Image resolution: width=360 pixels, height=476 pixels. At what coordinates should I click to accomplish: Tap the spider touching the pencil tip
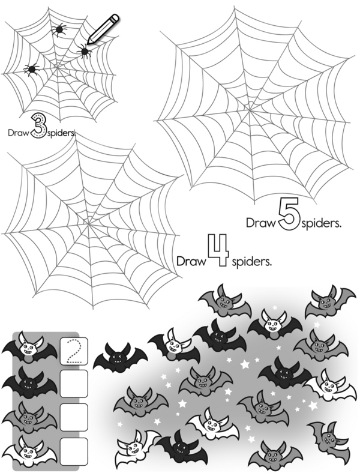click(x=85, y=50)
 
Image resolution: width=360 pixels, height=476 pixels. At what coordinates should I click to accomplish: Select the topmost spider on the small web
click(x=59, y=29)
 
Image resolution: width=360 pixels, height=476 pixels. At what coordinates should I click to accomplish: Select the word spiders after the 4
click(x=251, y=261)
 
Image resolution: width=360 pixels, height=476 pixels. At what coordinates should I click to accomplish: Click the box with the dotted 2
click(x=74, y=351)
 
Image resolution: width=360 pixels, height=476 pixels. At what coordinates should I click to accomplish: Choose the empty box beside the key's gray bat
click(x=74, y=417)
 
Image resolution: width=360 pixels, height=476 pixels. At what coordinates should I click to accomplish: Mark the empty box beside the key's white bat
click(x=74, y=451)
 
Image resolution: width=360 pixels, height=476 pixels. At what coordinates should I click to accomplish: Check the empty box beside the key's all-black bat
click(x=74, y=384)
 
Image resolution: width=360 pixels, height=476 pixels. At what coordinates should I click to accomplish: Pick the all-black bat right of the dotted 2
click(x=120, y=358)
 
